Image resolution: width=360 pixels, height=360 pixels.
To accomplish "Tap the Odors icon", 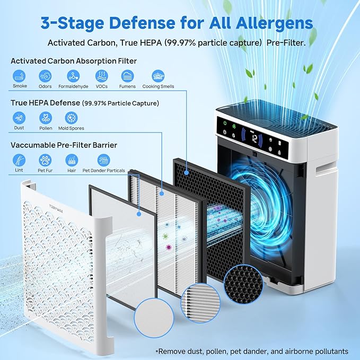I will coord(46,75).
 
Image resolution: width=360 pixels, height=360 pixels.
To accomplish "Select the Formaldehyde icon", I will coord(73,75).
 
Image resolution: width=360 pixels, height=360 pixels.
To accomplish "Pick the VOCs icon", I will coord(101,75).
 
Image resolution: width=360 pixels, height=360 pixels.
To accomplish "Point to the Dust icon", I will coord(19,118).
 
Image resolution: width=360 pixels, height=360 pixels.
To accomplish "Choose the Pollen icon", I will coord(46,118).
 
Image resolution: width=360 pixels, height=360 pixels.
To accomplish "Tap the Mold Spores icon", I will coord(71,118).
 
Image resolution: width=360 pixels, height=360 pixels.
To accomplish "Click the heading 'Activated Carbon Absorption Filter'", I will coord(74,61).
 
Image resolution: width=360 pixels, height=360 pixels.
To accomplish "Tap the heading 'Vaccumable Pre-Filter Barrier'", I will coord(64,145).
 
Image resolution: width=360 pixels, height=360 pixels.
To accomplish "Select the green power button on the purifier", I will coord(225,124).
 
